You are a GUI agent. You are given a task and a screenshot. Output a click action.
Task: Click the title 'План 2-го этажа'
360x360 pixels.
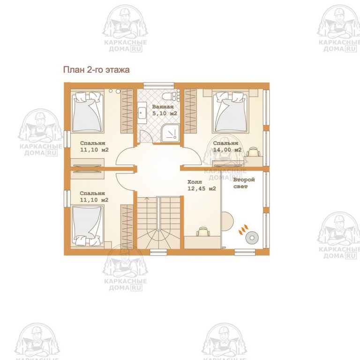coord(96,69)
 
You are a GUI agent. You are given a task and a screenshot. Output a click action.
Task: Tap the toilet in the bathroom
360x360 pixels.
coord(169,96)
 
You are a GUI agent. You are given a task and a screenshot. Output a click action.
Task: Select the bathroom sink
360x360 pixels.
coord(142,113)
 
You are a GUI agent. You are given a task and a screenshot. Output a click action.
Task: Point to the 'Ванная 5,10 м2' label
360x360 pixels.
coord(165,110)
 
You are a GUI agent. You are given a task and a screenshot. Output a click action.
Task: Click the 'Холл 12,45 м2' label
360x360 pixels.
coord(202,185)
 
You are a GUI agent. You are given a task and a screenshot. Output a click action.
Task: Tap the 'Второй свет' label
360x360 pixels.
coord(244,183)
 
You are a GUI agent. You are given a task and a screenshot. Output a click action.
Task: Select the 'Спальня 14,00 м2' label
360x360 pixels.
coord(227,146)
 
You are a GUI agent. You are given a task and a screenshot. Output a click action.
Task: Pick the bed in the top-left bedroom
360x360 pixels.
coord(88,112)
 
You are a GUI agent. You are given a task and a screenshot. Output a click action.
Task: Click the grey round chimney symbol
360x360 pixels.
coord(252,238)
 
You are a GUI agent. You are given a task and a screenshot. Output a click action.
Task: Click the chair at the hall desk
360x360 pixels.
coord(203,232)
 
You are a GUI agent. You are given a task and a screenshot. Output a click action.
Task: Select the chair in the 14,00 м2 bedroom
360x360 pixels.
coord(253,152)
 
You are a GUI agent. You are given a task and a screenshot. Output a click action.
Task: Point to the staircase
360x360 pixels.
coord(158,223)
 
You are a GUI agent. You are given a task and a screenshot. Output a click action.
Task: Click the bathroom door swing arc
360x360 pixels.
coord(146,136)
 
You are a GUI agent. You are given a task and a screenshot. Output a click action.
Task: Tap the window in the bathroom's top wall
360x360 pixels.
coord(159,85)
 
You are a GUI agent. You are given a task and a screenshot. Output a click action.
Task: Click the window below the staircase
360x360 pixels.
coord(158,252)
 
